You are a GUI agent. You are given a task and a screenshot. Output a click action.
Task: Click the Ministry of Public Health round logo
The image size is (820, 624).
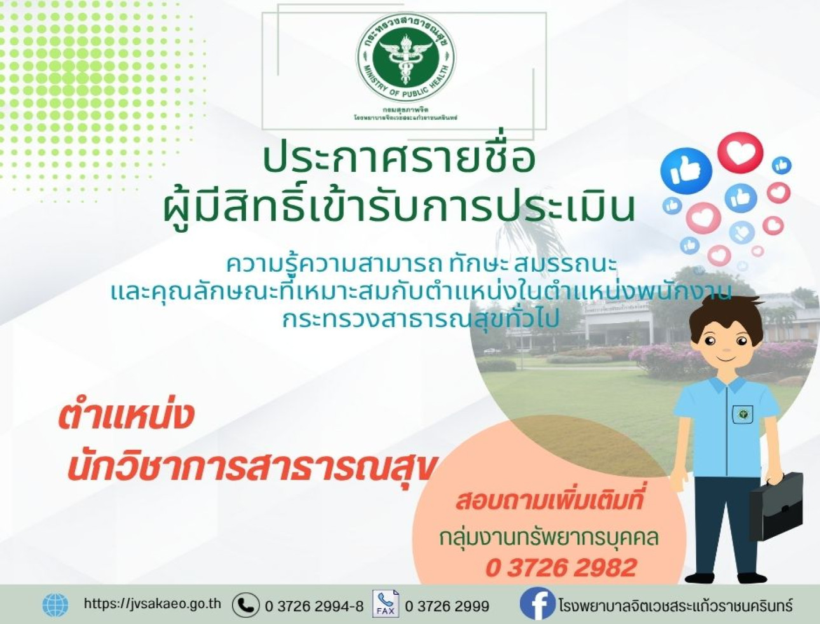[x=406, y=59]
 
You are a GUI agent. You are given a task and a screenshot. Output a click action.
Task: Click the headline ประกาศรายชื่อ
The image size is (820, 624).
[x=399, y=160]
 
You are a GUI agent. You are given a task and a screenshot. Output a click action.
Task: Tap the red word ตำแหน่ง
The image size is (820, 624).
[x=126, y=417]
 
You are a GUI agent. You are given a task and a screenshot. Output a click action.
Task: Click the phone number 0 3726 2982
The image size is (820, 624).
[x=561, y=567]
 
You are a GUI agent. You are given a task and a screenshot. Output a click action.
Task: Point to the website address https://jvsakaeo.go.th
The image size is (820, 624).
[x=153, y=604]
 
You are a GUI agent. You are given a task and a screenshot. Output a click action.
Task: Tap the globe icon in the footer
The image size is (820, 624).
[x=55, y=605]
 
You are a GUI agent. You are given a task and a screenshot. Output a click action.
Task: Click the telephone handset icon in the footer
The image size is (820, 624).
[x=245, y=605]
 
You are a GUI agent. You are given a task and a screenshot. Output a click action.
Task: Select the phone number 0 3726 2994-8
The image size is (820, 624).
[x=314, y=606]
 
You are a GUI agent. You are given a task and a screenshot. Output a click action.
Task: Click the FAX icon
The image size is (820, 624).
[x=385, y=604]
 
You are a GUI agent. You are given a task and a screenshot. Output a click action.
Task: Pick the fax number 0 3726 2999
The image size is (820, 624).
[x=447, y=606]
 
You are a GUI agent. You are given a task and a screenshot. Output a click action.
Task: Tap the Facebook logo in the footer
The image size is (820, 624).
[x=537, y=604]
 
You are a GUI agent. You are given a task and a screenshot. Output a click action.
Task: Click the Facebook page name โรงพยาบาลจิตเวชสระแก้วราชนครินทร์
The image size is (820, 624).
[x=676, y=605]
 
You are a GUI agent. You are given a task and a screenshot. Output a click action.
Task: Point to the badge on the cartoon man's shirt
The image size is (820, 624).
[x=742, y=414]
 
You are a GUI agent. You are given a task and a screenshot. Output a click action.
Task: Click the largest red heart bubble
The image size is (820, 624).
[x=740, y=152]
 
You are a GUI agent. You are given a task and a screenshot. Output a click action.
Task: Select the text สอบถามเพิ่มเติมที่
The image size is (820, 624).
[x=549, y=500]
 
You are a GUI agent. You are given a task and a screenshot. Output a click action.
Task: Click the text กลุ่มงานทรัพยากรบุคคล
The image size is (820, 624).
[x=549, y=537]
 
